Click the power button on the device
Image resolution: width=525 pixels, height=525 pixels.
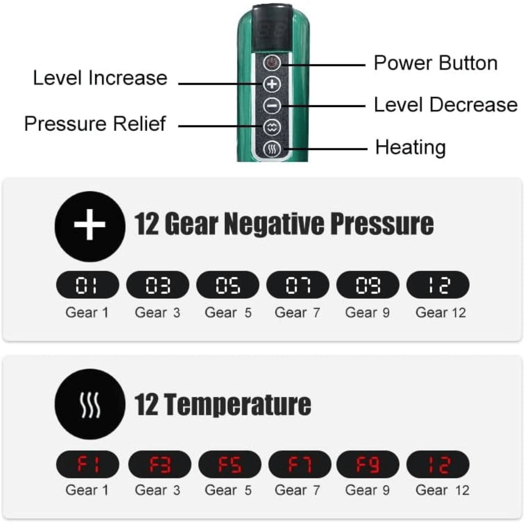click(x=272, y=63)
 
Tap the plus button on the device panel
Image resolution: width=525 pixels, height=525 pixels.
click(x=272, y=84)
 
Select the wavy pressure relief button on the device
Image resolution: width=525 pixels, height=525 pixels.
click(x=272, y=127)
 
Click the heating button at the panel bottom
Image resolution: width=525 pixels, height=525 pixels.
click(x=272, y=149)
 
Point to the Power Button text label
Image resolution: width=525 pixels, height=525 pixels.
click(x=436, y=63)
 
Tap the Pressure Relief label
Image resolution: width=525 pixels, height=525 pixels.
click(x=95, y=123)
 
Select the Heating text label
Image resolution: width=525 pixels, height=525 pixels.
click(x=411, y=147)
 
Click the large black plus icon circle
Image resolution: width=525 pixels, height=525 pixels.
click(x=90, y=227)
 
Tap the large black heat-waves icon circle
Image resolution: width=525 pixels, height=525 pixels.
click(x=90, y=404)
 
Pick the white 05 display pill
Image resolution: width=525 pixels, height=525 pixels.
click(x=228, y=285)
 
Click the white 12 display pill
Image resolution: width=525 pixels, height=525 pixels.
click(x=438, y=285)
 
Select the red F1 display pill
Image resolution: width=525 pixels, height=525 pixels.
click(x=87, y=464)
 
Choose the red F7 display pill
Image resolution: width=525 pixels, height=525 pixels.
click(x=300, y=464)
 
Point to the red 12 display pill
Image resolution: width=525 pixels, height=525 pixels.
click(x=438, y=464)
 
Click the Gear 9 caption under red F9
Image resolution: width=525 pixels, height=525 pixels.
click(x=367, y=490)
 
